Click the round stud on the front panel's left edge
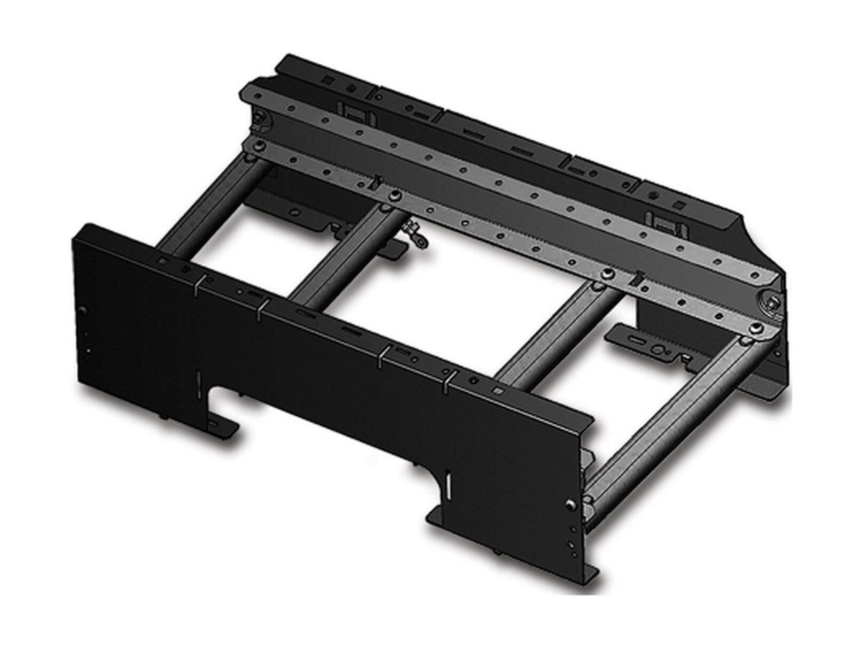click(83, 311)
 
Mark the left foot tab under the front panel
click(223, 424)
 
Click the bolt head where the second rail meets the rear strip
click(394, 196)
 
